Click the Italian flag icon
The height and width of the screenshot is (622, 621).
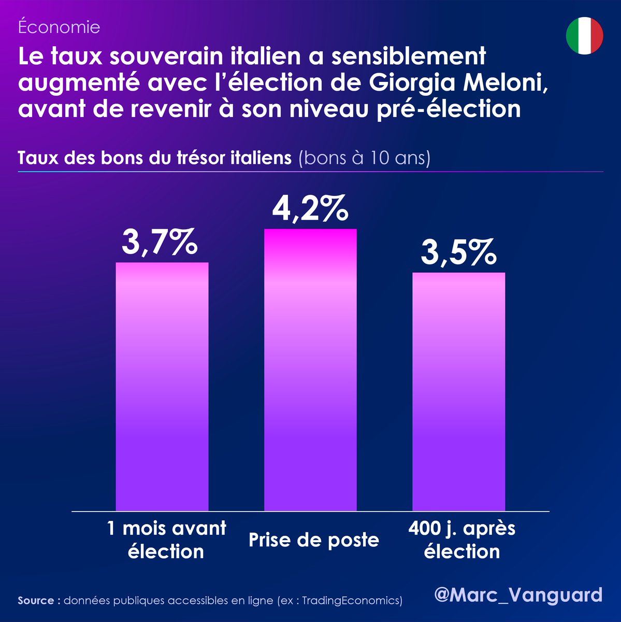(x=584, y=35)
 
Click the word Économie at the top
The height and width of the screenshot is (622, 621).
(x=59, y=27)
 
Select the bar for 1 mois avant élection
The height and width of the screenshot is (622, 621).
(x=162, y=386)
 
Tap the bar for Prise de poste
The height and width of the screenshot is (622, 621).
(x=310, y=370)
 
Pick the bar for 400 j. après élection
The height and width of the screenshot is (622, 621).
(x=458, y=391)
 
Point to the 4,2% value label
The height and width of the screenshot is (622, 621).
(x=310, y=209)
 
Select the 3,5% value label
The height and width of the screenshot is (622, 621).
(x=458, y=253)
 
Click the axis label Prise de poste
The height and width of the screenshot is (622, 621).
(x=314, y=540)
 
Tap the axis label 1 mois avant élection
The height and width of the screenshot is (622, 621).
(x=166, y=540)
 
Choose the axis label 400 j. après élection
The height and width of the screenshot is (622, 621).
(x=461, y=540)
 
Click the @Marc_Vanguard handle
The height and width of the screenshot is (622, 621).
(x=518, y=595)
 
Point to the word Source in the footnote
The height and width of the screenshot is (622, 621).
(x=36, y=601)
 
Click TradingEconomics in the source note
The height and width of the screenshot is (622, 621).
(x=351, y=601)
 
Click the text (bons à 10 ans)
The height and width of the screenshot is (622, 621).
(x=364, y=158)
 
